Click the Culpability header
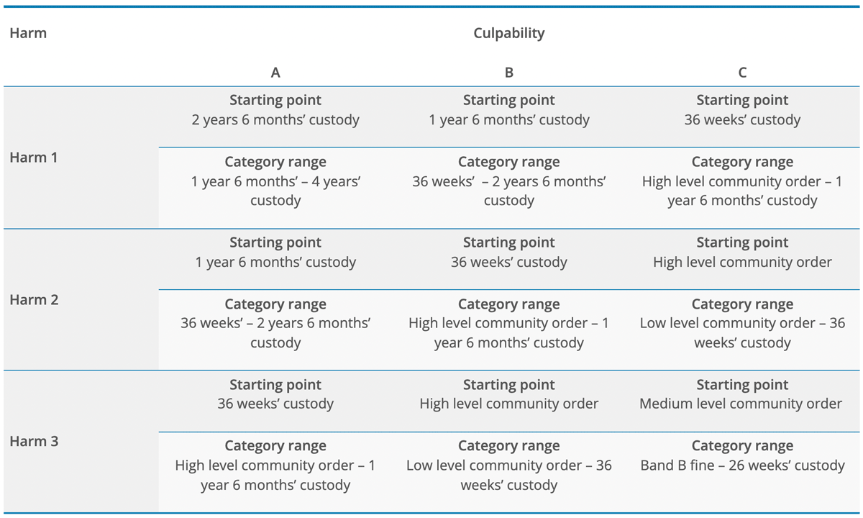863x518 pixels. [x=508, y=33]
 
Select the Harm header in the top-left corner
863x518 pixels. [x=28, y=33]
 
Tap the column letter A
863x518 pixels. [x=275, y=73]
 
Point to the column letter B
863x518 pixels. [x=509, y=73]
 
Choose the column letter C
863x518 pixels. [x=742, y=73]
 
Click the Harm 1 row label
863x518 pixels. [x=34, y=158]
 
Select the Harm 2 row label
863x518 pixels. [x=34, y=300]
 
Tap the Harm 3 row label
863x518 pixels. [x=34, y=441]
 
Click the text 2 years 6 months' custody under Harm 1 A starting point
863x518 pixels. [x=275, y=120]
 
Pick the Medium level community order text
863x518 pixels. [x=741, y=404]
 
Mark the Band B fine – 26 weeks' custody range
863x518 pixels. [x=742, y=466]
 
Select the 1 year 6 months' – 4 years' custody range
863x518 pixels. [x=275, y=191]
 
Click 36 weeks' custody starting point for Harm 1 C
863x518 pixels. [x=742, y=120]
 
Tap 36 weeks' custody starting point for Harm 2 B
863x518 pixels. [x=509, y=263]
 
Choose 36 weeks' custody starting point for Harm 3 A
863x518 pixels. [x=275, y=404]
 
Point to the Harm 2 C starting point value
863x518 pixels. [x=742, y=263]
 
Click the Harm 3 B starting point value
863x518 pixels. [x=509, y=404]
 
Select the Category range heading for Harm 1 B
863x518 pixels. [x=509, y=163]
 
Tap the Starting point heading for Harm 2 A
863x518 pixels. [x=275, y=243]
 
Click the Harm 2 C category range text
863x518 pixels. [x=742, y=333]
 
